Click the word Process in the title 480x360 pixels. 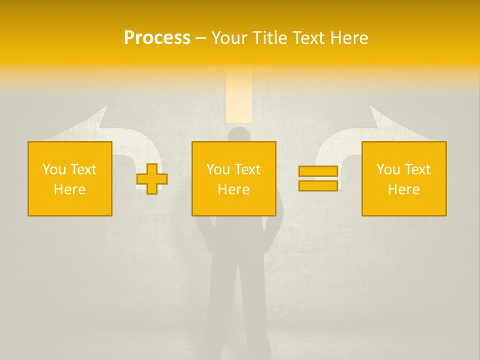[x=157, y=38]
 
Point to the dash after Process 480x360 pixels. [x=200, y=38]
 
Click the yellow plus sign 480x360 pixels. [x=152, y=179]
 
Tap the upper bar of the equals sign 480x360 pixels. [x=318, y=171]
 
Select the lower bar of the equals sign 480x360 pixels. [x=318, y=185]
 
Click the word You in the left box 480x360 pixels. [x=54, y=169]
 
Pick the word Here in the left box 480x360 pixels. [x=69, y=189]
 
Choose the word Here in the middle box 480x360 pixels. [x=233, y=189]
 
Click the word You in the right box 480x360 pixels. [x=388, y=169]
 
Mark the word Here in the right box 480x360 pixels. [x=403, y=189]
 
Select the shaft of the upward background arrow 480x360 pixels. [x=238, y=97]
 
